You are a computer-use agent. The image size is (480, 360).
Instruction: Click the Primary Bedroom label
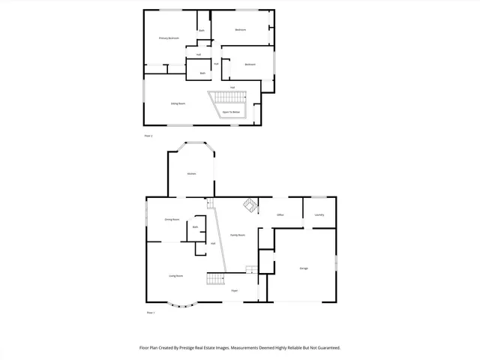169,37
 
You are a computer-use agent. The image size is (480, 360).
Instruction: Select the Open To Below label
231,112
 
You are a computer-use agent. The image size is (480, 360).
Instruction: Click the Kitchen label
191,174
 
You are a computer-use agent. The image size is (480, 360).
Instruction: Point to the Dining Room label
172,220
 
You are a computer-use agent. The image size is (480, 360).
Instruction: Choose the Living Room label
176,276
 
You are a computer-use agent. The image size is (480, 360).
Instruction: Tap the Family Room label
238,235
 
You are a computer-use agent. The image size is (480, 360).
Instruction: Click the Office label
280,215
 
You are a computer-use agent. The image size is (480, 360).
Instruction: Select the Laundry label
319,215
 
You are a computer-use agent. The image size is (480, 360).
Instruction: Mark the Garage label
304,268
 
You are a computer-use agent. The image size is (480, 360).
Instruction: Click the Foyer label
235,290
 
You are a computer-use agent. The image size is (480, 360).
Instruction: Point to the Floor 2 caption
148,136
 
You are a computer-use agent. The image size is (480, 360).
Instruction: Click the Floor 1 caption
150,312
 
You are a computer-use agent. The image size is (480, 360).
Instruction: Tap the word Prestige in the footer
195,348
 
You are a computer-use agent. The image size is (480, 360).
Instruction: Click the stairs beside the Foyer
215,279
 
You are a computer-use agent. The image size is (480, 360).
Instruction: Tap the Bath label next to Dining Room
195,227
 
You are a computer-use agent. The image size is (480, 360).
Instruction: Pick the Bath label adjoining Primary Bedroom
202,31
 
